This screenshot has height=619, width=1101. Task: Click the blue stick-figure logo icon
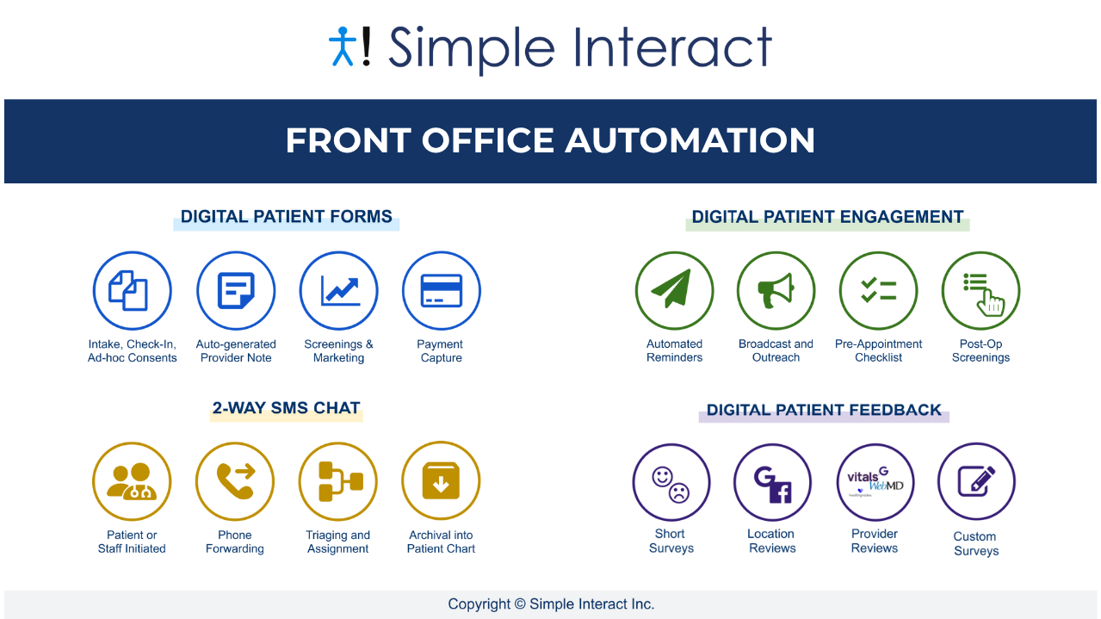tap(342, 46)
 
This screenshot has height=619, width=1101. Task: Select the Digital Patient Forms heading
tap(286, 217)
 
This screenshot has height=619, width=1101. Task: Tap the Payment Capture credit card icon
tap(441, 291)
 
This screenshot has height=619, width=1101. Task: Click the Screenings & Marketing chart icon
tap(338, 291)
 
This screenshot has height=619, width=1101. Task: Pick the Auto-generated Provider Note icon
tap(235, 291)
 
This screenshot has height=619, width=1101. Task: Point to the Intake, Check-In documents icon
tap(132, 291)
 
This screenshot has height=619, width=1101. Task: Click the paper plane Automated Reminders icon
tap(674, 291)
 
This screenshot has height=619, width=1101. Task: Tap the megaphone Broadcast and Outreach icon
tap(776, 291)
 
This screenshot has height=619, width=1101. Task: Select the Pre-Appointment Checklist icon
tap(878, 291)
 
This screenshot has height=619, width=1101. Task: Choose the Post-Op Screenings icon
tap(980, 291)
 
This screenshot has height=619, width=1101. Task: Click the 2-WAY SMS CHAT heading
tap(286, 408)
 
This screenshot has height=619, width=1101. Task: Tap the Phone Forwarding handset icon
tap(234, 481)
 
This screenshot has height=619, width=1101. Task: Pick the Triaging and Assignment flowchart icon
tap(338, 481)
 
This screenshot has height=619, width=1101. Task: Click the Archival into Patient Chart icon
tap(441, 481)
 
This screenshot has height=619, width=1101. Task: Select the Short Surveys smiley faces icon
tap(671, 483)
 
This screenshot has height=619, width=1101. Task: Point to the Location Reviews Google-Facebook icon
tap(772, 483)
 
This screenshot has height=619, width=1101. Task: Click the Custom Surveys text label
tap(975, 543)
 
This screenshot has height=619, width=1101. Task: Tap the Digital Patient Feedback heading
tap(824, 410)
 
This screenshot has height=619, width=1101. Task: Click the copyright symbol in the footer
tap(519, 604)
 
